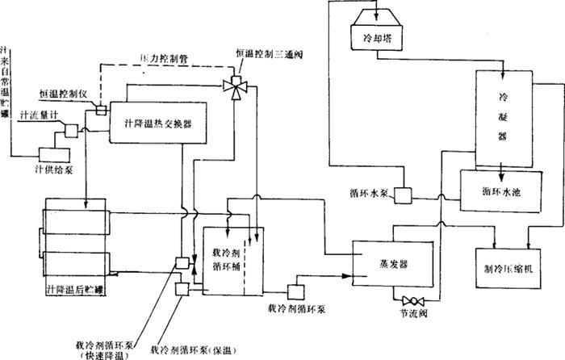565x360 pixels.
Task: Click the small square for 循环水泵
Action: pyautogui.click(x=403, y=195)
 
